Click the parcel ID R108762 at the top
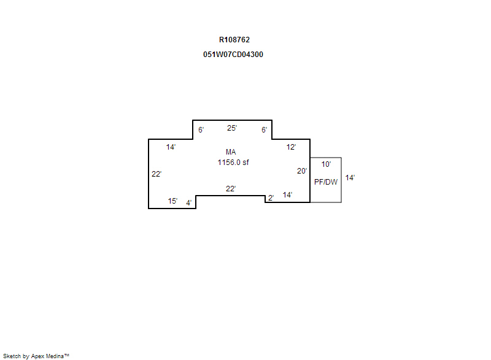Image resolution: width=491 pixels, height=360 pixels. (x=234, y=40)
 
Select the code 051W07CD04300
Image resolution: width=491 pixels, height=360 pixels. (x=233, y=55)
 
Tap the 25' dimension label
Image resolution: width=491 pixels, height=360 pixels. (x=232, y=128)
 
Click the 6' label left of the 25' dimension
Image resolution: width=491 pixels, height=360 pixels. (x=201, y=129)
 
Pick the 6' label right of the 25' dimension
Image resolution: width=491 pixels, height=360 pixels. (x=265, y=129)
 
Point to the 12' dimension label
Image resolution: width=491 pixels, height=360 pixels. (x=291, y=147)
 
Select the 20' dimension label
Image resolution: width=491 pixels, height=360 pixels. (x=302, y=171)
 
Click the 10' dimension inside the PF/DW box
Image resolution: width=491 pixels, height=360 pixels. (x=326, y=164)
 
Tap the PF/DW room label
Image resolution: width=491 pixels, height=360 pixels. (x=326, y=182)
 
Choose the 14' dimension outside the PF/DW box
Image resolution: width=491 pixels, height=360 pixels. (x=350, y=178)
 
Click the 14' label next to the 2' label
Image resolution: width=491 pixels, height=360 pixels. (x=287, y=195)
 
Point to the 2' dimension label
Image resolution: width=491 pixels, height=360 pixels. (x=271, y=198)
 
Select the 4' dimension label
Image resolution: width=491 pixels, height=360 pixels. (x=189, y=202)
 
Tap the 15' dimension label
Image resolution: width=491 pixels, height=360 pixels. (x=172, y=201)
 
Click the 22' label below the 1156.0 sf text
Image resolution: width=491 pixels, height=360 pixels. (x=231, y=189)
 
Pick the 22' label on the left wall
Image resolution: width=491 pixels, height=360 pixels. (x=157, y=174)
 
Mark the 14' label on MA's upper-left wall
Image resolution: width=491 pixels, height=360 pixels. (x=171, y=147)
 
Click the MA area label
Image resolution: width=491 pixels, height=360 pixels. (x=231, y=152)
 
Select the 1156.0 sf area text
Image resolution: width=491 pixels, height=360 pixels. (x=233, y=163)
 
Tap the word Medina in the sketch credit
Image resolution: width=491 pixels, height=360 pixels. (x=55, y=356)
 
